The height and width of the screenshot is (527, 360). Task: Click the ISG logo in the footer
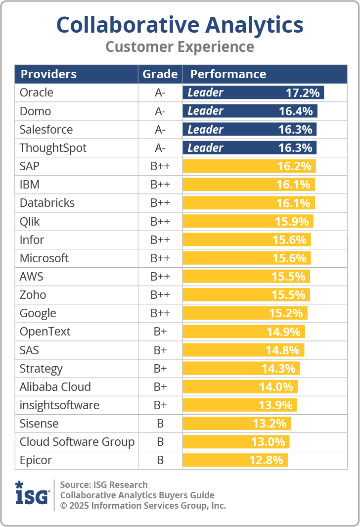point(32,494)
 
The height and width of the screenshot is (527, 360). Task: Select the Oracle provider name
point(37,93)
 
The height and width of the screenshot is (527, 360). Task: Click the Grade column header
point(160,74)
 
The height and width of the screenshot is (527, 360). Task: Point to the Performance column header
point(228,74)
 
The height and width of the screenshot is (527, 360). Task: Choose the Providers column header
point(48,74)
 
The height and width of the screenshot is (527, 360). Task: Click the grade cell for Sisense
point(160,424)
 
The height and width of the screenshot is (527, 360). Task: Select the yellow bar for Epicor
point(235,460)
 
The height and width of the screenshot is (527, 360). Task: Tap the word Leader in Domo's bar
point(205,111)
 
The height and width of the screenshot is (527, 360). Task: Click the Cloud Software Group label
point(77,442)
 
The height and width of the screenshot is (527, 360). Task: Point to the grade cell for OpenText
point(160,332)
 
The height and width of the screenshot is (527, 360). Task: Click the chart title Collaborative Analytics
point(180,24)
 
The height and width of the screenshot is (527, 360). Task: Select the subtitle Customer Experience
point(180,47)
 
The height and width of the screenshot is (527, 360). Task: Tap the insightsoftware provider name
point(59,405)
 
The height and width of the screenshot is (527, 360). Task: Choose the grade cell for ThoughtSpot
point(160,148)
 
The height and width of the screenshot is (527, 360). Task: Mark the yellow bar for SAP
point(249,166)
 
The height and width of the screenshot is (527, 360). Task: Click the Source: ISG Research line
point(104,484)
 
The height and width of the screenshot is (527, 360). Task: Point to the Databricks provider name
point(47,203)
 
